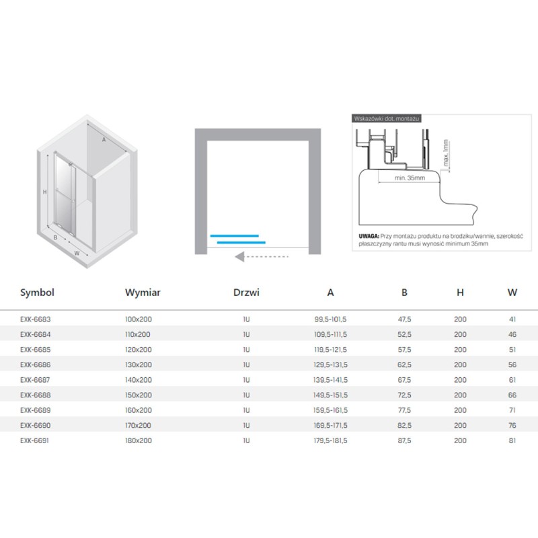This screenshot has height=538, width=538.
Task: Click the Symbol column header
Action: coord(37,293)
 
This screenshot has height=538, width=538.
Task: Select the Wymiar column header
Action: coord(143,293)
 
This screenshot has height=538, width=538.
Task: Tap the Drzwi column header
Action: coord(246,293)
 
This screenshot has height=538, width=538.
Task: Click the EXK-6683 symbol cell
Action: coord(36,319)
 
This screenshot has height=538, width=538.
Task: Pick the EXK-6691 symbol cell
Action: coord(34,440)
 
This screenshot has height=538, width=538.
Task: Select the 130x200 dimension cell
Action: coord(139,364)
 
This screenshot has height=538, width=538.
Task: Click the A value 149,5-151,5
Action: coord(330,395)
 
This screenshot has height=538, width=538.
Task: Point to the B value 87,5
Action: coord(405,440)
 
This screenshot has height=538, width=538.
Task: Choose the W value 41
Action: coord(512,319)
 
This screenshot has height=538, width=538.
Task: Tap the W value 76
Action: coord(512,426)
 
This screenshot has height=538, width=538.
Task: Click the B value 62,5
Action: coord(405,364)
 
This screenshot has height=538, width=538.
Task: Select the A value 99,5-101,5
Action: coord(330,319)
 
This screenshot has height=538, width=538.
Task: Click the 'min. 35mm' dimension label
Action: coord(410,178)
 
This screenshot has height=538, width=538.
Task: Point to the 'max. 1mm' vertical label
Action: coord(446,153)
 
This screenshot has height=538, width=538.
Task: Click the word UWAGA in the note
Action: coord(369,236)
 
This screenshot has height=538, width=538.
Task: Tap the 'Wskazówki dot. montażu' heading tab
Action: coord(386,119)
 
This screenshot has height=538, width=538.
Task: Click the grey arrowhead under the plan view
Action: coord(239,257)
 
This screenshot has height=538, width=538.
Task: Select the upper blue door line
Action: coord(234,236)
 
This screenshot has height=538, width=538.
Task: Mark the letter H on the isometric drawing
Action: coord(44,192)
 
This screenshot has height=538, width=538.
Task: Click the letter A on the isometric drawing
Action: coord(104,140)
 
